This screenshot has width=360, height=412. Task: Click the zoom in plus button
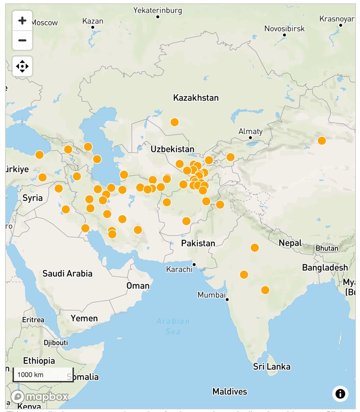click(22, 21)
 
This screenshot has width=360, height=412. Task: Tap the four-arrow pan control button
click(22, 66)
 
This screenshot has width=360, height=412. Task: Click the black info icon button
click(340, 393)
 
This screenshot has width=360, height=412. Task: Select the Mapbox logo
click(40, 397)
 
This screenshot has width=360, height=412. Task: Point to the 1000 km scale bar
click(43, 375)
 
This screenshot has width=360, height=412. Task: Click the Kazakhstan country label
click(196, 98)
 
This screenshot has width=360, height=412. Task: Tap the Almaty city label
click(250, 131)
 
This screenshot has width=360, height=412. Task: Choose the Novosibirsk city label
click(284, 28)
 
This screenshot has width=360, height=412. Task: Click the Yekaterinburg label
click(158, 10)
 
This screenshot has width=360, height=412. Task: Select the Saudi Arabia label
click(67, 273)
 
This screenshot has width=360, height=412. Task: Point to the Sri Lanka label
click(271, 366)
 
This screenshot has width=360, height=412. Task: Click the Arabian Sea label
click(173, 326)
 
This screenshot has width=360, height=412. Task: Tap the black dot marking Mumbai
click(227, 300)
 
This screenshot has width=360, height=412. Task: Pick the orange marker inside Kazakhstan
click(174, 122)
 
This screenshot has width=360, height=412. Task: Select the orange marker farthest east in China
click(322, 140)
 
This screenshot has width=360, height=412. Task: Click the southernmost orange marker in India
click(265, 290)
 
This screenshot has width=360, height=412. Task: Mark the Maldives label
click(230, 391)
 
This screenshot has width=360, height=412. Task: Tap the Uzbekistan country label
click(172, 149)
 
